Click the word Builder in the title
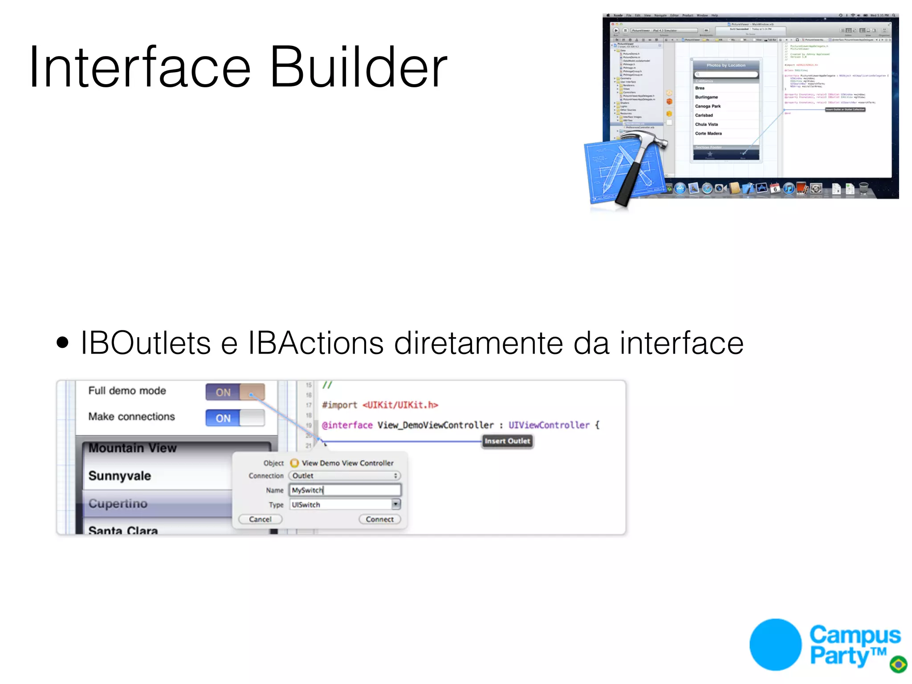[x=358, y=68]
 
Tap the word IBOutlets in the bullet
[x=145, y=343]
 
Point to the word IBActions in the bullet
[x=315, y=343]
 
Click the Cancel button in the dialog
[x=260, y=519]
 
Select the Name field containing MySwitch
[x=345, y=490]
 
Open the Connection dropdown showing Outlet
[x=344, y=476]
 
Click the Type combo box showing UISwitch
[x=345, y=505]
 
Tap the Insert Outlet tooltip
[x=507, y=441]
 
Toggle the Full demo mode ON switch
[x=235, y=392]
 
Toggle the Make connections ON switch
[x=235, y=418]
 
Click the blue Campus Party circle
[x=775, y=644]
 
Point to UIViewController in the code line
[x=549, y=425]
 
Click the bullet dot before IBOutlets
[x=63, y=342]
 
